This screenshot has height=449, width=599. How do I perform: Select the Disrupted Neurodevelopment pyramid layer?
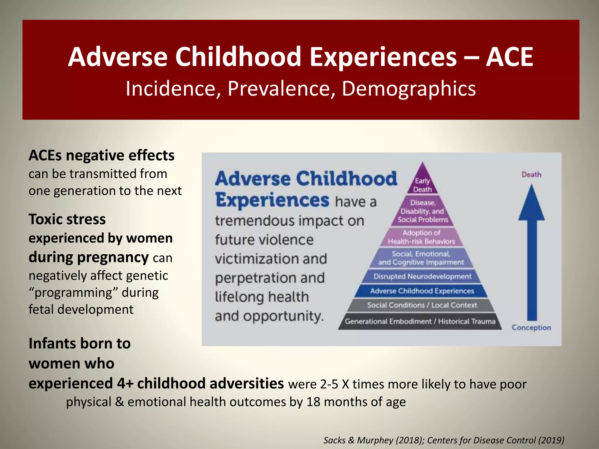tap(422, 276)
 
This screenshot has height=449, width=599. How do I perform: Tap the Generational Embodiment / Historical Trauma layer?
tap(420, 322)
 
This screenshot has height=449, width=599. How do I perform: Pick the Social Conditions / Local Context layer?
tap(422, 305)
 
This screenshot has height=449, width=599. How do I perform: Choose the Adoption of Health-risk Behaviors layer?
tap(421, 237)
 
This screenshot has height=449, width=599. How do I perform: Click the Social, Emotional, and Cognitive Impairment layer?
tap(421, 258)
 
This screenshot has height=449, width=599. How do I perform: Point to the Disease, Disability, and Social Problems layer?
tap(423, 211)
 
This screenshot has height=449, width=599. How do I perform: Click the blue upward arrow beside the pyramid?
tap(531, 254)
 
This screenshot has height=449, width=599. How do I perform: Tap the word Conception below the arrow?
tap(531, 328)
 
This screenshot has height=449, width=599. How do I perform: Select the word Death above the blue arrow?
tap(531, 175)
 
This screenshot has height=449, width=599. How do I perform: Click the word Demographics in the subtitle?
tap(409, 88)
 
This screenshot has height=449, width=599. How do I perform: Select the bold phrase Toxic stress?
tap(67, 219)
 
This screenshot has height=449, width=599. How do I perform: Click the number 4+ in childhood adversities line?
tap(125, 384)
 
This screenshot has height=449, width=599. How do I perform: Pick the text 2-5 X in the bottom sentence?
tap(335, 384)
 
